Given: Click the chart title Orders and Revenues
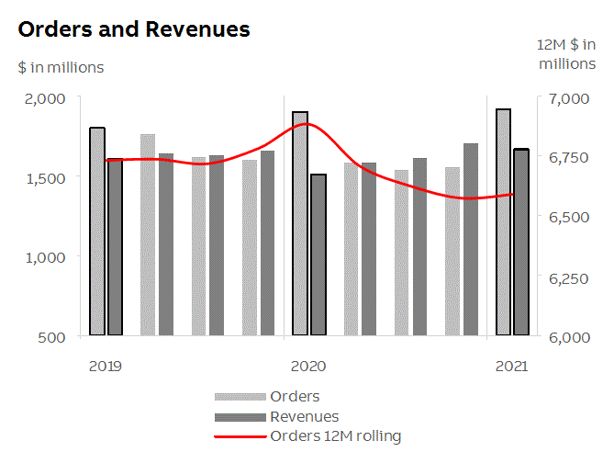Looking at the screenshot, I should click(x=134, y=29).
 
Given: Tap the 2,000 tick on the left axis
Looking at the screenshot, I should click(x=46, y=98).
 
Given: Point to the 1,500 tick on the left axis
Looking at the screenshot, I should click(x=46, y=177).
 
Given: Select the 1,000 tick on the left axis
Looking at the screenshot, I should click(x=46, y=257).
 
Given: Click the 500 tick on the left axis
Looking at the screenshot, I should click(x=52, y=336).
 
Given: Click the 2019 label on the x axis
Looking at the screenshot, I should click(x=106, y=366).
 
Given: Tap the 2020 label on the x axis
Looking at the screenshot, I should click(x=308, y=366).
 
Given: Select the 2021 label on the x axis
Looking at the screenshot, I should click(x=511, y=366).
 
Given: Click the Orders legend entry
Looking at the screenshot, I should click(x=295, y=397).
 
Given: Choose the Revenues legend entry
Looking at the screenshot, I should click(x=304, y=417).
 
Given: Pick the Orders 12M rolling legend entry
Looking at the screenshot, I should click(x=336, y=435).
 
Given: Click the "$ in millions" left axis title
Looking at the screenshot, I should click(x=61, y=67).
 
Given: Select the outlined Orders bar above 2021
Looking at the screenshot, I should click(x=503, y=222).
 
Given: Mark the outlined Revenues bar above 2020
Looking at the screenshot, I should click(x=318, y=254).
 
